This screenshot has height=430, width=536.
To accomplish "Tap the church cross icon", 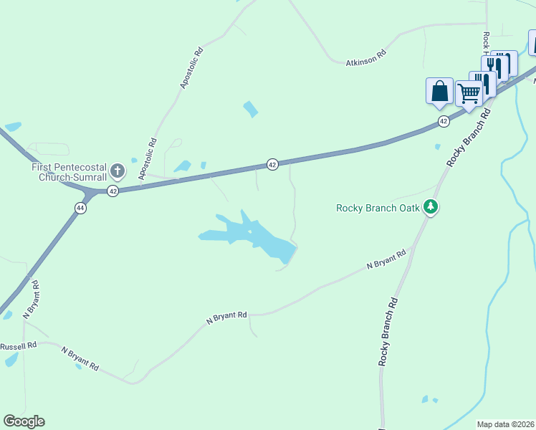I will pos(118,171).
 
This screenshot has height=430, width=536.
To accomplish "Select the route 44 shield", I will pos(80,207).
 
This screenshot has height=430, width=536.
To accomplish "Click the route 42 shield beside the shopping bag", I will pos(444,121).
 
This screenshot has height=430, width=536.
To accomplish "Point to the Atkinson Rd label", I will pos(366,57).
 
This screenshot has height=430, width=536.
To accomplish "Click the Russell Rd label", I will pos(18,346).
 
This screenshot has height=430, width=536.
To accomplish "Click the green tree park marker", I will pos(430,208).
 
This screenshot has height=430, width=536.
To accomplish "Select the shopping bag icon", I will pos(439,91).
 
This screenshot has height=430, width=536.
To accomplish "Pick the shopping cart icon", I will pos(468,93).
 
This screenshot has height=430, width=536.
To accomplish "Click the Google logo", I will pos(24,421).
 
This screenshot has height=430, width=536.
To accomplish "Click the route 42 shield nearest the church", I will pos(113,191).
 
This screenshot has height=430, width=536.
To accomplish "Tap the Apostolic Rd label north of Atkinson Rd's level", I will pos(192,69).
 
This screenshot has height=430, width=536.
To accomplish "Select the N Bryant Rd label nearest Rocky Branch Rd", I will pos(386,259).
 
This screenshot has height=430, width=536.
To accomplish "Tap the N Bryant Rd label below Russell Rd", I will pos(79,358).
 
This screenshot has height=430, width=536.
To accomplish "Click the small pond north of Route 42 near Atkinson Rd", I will pos(250,109).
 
